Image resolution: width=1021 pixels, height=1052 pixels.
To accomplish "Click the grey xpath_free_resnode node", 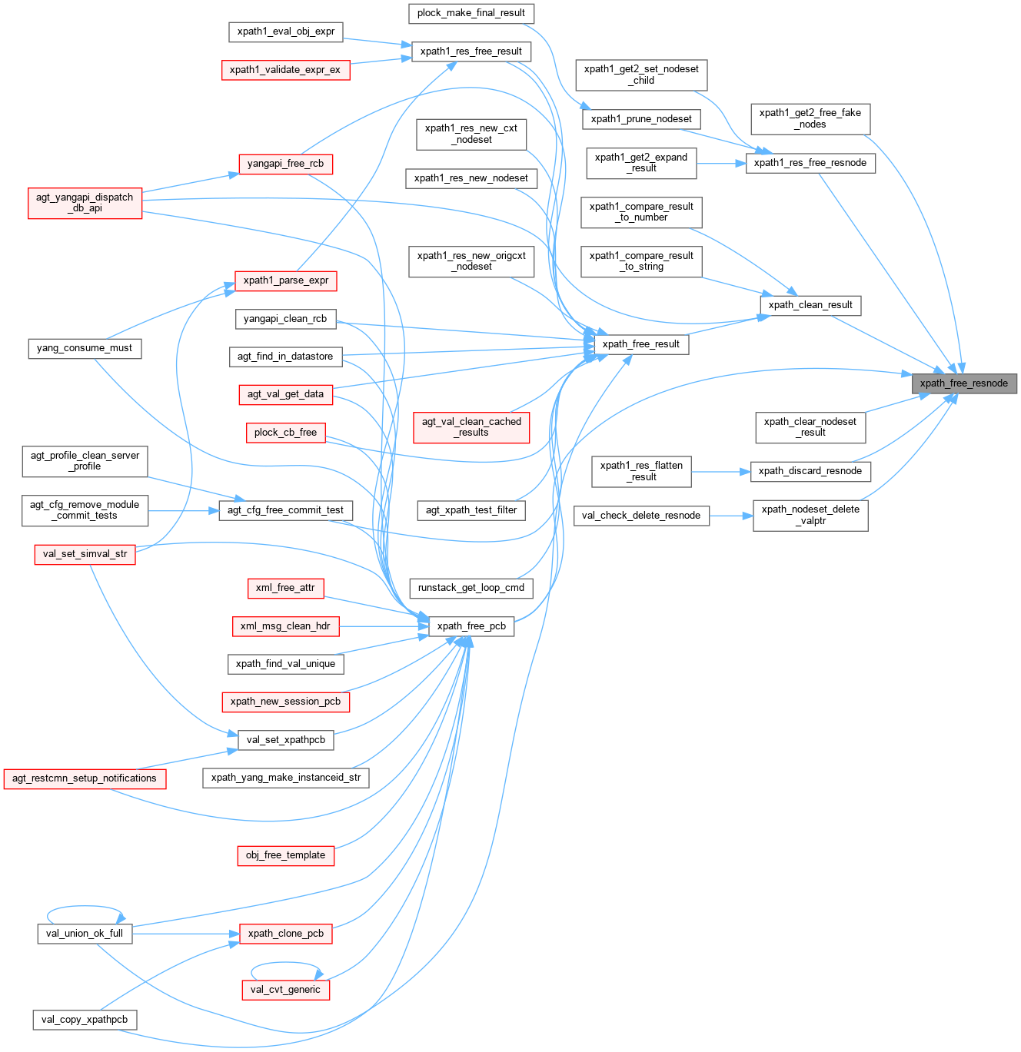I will coord(963,383).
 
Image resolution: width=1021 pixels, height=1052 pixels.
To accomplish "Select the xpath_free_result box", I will coord(640,344).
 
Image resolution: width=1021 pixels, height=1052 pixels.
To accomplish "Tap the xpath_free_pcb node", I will coord(471,626).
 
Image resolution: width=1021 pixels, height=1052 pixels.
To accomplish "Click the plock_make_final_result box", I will coord(471,13).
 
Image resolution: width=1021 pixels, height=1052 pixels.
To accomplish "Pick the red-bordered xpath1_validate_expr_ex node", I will coord(284,70).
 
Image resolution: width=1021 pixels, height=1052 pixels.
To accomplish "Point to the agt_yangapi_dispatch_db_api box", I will coord(85,203).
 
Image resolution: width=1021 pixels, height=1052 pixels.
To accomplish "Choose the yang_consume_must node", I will coord(85,348).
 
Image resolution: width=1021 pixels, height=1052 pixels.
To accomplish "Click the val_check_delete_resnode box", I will coord(641,516).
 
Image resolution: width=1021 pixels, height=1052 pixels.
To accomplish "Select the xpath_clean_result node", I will coord(810,305).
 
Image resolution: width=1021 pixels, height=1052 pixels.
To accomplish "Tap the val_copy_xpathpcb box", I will coord(85,1020).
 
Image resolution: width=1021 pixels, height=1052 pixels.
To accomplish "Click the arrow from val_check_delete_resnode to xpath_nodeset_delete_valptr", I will coord(730,516).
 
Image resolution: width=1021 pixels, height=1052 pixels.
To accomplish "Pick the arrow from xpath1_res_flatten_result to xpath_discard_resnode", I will coord(720,471).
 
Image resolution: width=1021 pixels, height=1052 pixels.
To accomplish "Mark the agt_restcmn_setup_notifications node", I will coord(85,778).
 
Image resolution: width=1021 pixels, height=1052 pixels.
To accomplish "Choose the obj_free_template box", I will coord(285,855).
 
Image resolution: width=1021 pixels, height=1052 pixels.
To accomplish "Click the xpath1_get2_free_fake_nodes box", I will coord(810,118).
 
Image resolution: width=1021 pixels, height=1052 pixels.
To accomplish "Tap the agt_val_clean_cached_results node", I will coord(471,427).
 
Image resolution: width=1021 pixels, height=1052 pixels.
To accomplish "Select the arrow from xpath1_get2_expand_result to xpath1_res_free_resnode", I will coord(721,164).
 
